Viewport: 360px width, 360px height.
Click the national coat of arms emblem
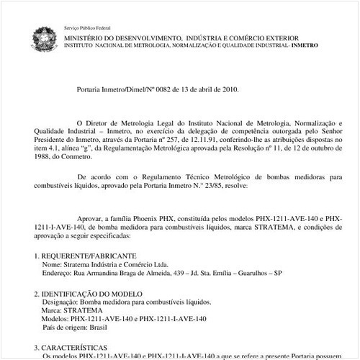point(42,39)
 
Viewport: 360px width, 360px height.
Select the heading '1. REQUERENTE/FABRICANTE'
point(79,256)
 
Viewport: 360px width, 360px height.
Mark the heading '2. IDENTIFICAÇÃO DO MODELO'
point(84,293)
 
